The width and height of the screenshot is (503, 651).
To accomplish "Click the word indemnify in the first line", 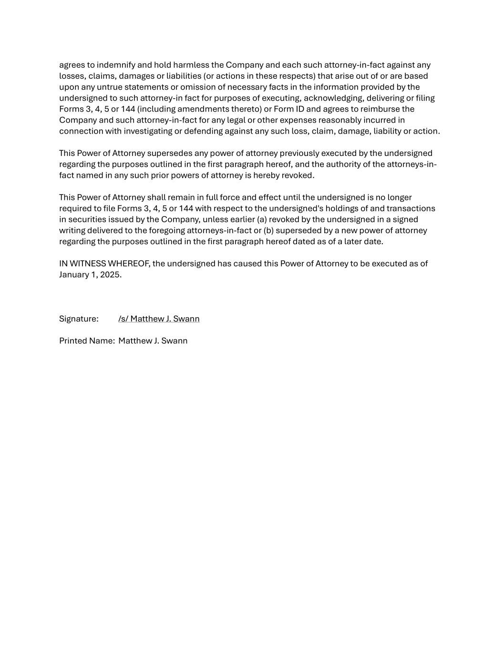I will pos(116,65).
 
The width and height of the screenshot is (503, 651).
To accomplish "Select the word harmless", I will pos(191,65).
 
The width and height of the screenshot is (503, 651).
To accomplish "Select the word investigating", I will pos(148,131).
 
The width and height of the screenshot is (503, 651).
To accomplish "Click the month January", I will pos(74,275).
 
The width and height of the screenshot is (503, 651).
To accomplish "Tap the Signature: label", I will pos(79,319).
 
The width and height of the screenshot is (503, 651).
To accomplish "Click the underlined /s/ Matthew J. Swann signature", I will pos(159,319).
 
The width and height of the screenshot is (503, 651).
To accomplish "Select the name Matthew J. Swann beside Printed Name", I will pos(153,341).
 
